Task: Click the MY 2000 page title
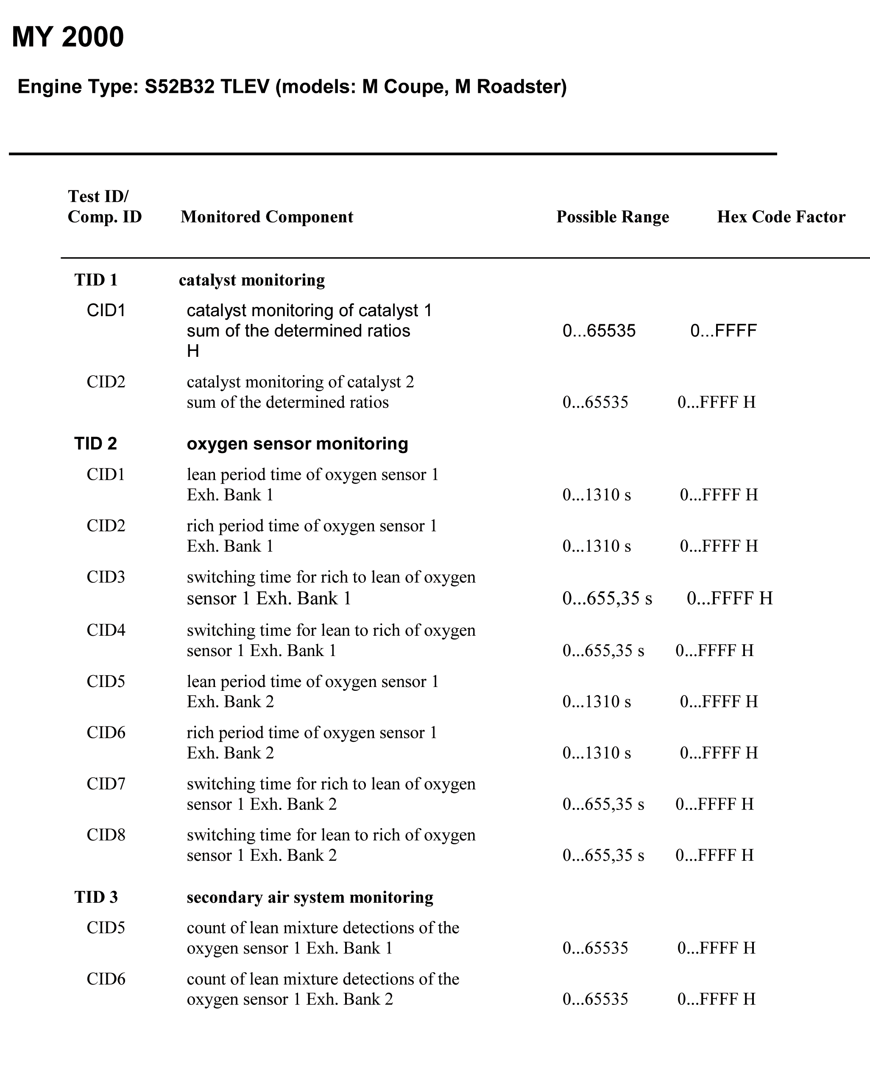click(x=68, y=37)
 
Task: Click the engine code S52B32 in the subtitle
click(x=179, y=86)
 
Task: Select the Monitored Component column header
click(x=267, y=217)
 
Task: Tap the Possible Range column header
click(x=612, y=217)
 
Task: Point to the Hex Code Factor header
click(x=781, y=217)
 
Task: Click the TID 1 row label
click(x=96, y=280)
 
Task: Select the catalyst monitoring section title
click(x=251, y=280)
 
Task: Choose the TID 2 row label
click(x=95, y=444)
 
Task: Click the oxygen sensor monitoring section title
click(x=297, y=444)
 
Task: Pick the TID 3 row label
click(x=96, y=897)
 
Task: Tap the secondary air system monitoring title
click(x=310, y=897)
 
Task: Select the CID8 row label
click(x=106, y=835)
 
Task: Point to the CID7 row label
click(x=106, y=784)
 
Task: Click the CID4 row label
click(x=106, y=630)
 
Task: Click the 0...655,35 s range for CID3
click(x=607, y=598)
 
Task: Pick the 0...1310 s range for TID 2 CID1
click(x=597, y=495)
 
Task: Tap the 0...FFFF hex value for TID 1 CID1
click(x=723, y=331)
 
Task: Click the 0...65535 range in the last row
click(x=595, y=999)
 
